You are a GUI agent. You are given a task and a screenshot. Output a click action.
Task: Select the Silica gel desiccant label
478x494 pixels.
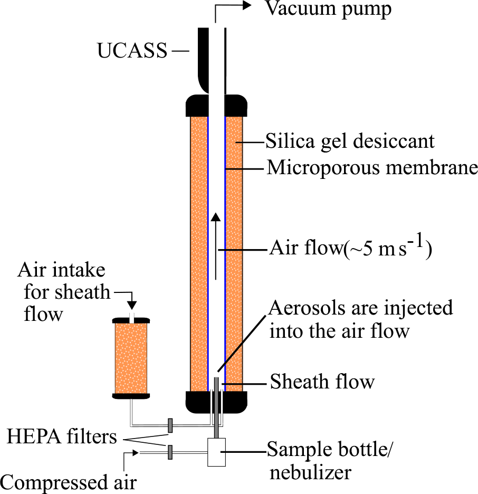[x=350, y=141]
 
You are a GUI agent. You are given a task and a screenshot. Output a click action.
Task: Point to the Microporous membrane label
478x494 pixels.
[x=372, y=169]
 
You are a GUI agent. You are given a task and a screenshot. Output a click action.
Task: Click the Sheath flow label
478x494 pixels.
[x=322, y=382]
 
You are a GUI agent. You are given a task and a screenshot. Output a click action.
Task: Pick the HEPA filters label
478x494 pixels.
[x=62, y=438]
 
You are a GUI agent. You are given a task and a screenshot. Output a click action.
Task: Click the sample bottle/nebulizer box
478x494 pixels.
[x=216, y=451]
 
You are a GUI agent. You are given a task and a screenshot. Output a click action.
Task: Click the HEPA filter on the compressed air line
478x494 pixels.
[x=170, y=452]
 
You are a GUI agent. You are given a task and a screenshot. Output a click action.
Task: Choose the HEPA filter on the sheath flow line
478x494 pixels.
[x=170, y=425]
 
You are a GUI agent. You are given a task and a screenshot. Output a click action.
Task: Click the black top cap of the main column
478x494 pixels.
[x=216, y=105]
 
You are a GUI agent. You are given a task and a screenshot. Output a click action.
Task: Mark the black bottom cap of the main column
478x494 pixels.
[x=216, y=402]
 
